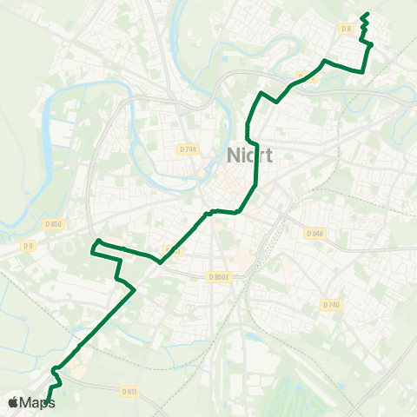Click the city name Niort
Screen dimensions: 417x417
[x=249, y=156]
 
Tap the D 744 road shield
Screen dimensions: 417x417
[x=189, y=149]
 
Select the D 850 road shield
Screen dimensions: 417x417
[x=54, y=224]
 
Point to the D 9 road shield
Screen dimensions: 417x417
[x=29, y=246]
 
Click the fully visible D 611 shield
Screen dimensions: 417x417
[x=129, y=392]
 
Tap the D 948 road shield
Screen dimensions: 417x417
[x=314, y=233]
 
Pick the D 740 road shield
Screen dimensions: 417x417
[x=331, y=304]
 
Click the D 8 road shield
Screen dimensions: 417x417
[x=347, y=29]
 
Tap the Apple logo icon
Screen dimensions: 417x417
[x=12, y=402]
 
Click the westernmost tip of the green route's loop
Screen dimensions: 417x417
[x=91, y=251]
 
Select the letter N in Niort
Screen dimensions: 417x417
[x=234, y=156]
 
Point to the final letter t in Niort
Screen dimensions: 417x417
[x=268, y=156]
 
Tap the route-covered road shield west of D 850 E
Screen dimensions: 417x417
[x=172, y=251]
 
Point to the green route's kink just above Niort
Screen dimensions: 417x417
[x=248, y=139]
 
